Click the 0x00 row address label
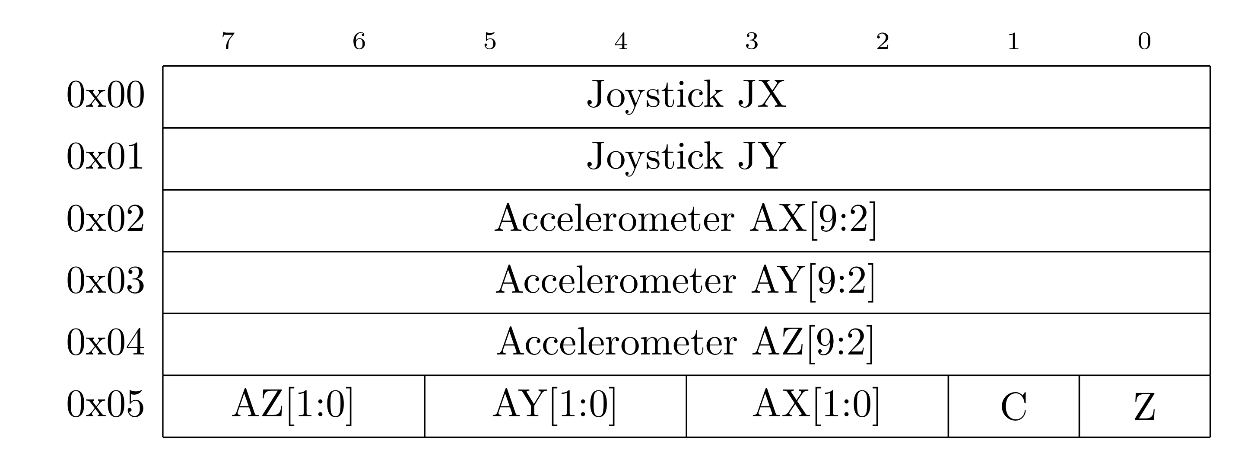pyautogui.click(x=105, y=95)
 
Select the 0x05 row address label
pyautogui.click(x=105, y=404)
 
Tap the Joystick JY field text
pyautogui.click(x=686, y=157)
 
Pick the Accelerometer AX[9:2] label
pyautogui.click(x=686, y=220)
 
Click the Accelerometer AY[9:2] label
pyautogui.click(x=685, y=281)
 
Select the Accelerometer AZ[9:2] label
pyautogui.click(x=685, y=343)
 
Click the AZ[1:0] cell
pyautogui.click(x=293, y=405)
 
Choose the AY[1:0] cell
pyautogui.click(x=555, y=405)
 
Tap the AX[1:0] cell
pyautogui.click(x=817, y=405)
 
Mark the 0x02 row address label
pyautogui.click(x=105, y=219)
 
